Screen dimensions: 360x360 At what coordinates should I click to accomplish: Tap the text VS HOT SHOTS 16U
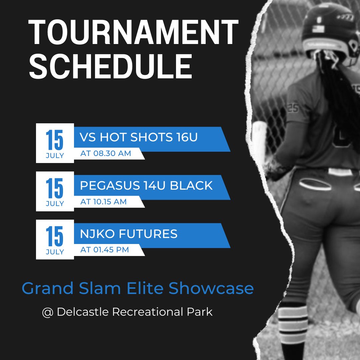tap(139, 137)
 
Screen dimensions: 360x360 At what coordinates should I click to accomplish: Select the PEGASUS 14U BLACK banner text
tap(146, 186)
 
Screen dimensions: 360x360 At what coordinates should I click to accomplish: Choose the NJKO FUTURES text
tap(129, 234)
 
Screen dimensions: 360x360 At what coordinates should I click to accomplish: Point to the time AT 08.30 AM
tap(106, 154)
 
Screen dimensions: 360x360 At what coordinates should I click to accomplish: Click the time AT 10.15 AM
tap(103, 202)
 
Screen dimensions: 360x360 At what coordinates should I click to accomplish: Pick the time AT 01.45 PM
tap(105, 250)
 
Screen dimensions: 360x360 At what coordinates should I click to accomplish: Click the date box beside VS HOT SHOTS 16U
tap(55, 143)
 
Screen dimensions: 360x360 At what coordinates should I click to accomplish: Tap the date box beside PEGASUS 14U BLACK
tap(55, 191)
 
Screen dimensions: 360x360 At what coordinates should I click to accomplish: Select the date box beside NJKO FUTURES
tap(55, 239)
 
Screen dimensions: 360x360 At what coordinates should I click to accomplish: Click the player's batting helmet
tap(328, 32)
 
